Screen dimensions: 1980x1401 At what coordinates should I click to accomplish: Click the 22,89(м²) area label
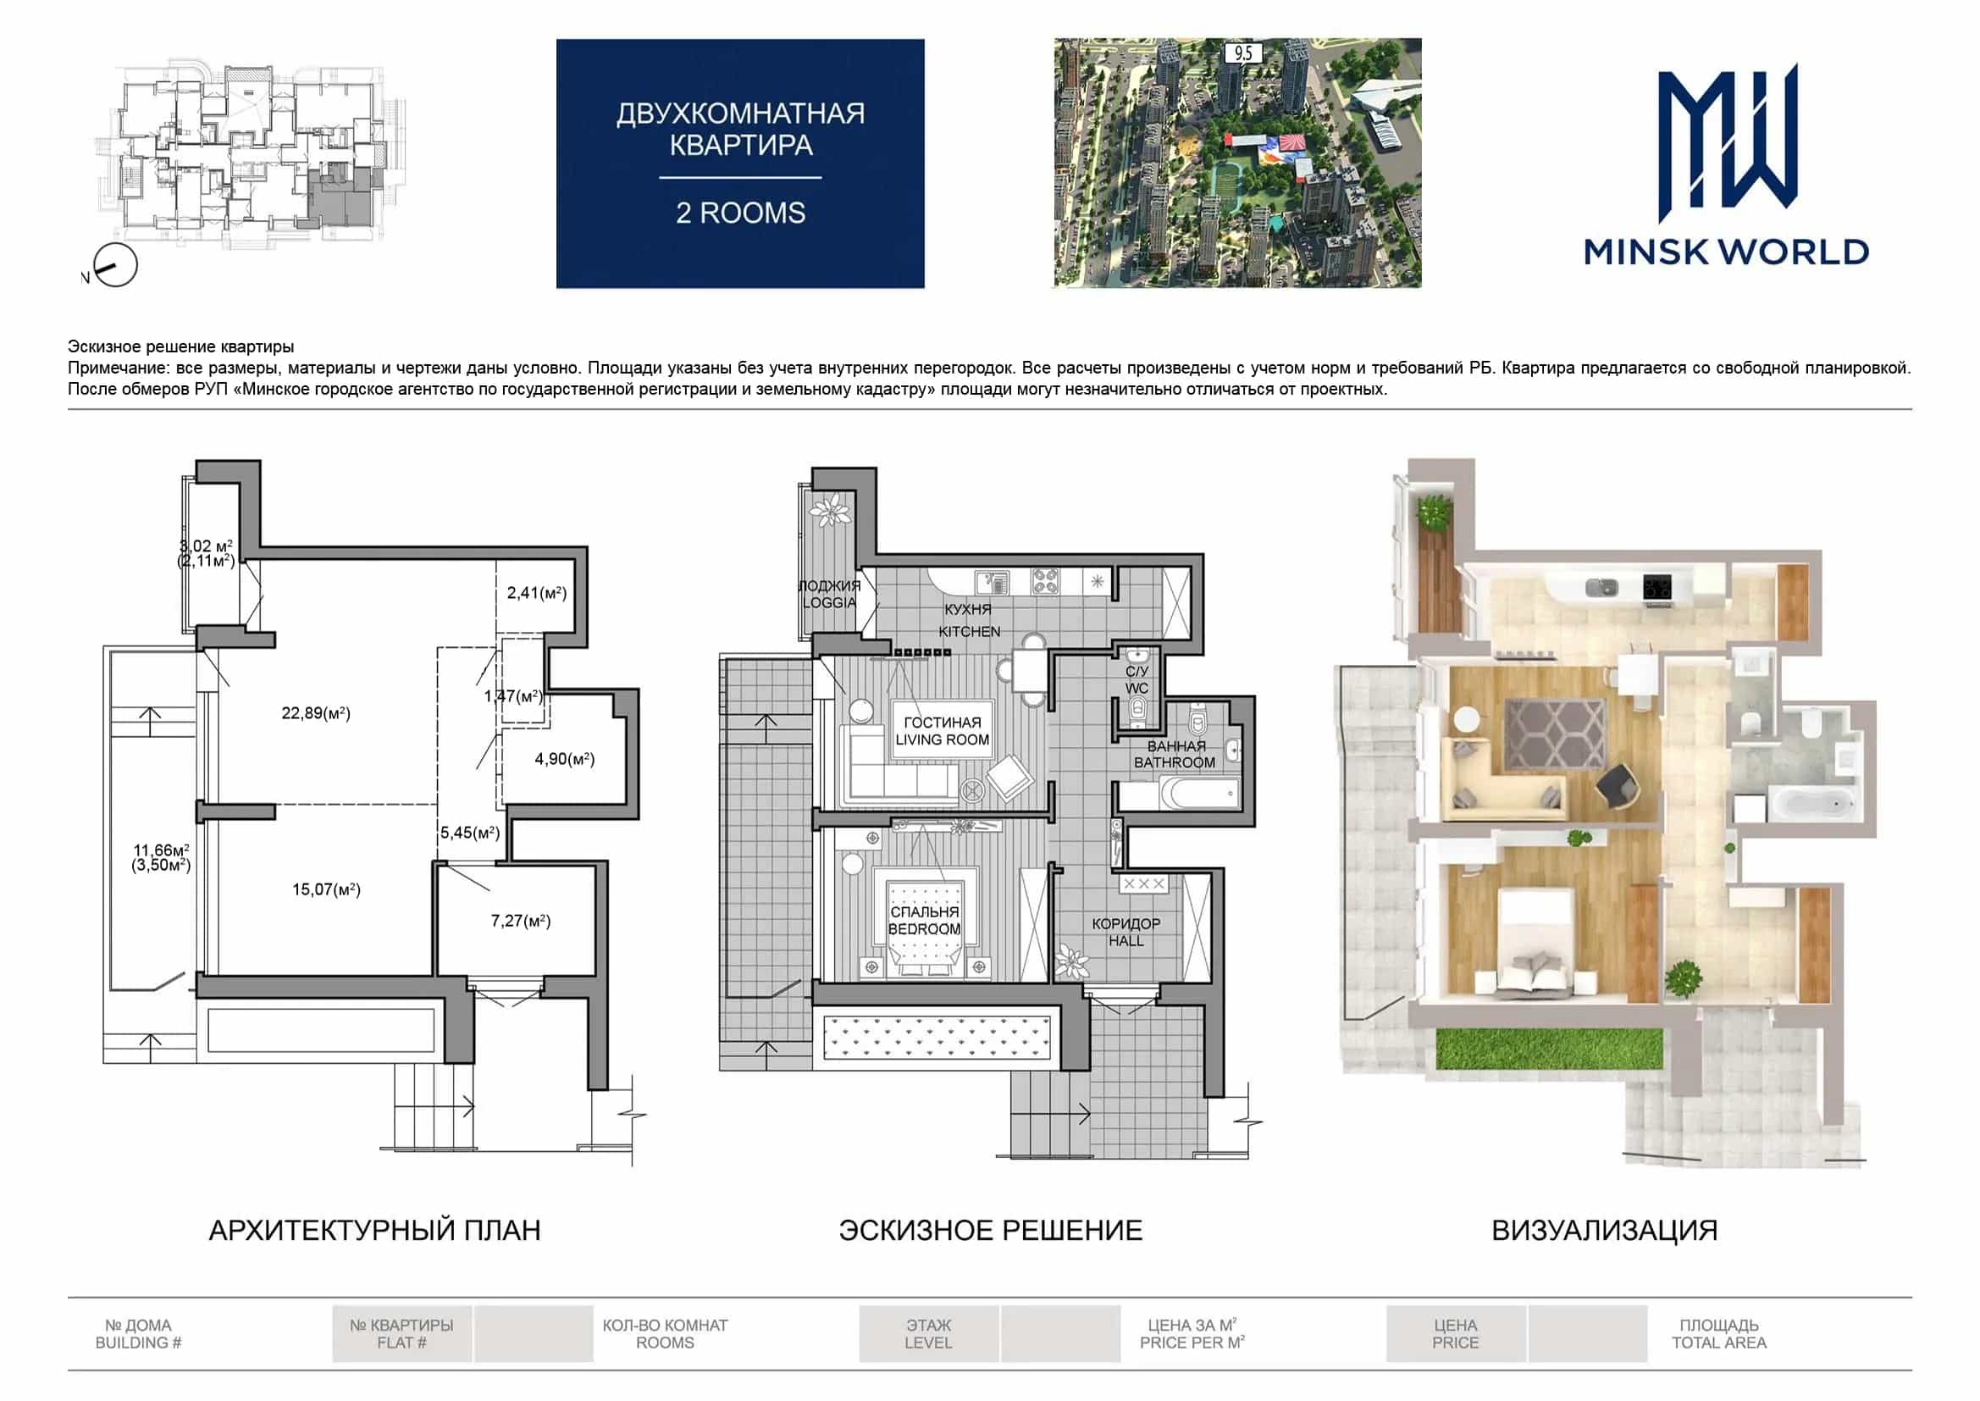316,713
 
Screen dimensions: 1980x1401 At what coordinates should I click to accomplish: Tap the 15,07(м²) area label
326,889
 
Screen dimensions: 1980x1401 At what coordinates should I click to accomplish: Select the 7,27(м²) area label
521,922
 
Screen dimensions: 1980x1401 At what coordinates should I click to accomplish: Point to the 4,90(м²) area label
565,759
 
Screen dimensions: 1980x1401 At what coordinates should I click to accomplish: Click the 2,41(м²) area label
536,593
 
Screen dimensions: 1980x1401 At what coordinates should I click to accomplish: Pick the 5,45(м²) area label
470,833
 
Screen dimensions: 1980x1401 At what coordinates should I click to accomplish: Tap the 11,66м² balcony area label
161,850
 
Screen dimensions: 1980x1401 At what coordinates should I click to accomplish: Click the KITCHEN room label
970,632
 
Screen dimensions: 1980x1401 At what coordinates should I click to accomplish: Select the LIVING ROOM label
943,740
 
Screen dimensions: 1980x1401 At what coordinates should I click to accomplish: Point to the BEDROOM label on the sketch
925,929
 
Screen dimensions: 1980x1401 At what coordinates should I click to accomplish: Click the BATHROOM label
1175,762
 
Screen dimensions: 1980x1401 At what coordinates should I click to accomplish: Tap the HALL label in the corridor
1126,940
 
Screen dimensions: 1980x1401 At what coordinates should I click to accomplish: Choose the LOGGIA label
830,602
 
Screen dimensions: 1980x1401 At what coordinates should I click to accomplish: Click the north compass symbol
113,266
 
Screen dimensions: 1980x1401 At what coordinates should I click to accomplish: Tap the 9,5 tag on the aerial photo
1243,53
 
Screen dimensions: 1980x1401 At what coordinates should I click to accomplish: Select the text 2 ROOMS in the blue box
741,213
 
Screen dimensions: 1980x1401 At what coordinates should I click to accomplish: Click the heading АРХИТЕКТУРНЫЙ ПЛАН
375,1230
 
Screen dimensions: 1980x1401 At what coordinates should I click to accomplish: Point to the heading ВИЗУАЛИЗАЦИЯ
1605,1230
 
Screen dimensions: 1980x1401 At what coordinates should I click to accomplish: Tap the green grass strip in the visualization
1549,1049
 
